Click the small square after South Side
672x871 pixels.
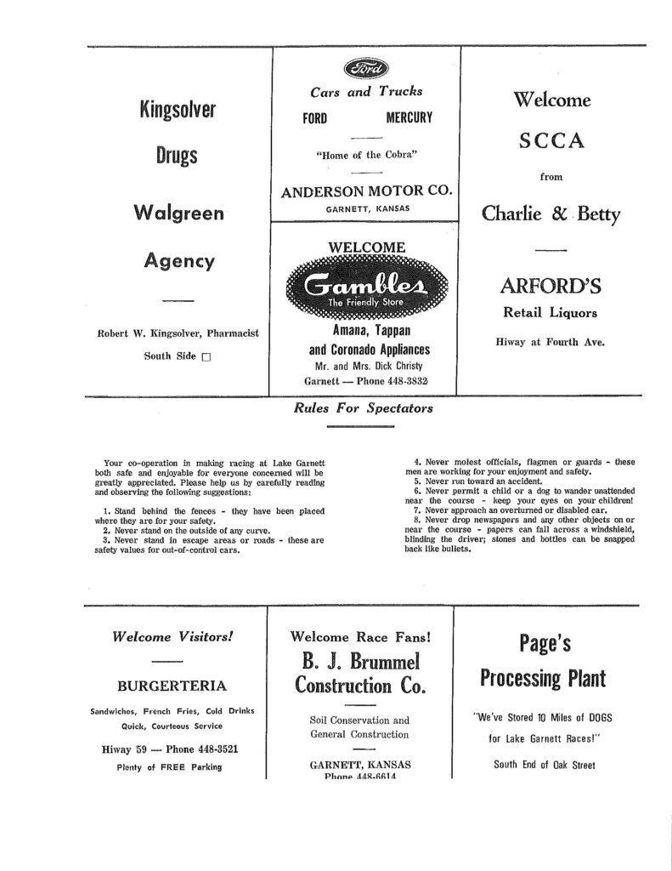coord(205,357)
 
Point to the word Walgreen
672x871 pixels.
coord(178,213)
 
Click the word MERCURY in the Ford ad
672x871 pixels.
coord(409,117)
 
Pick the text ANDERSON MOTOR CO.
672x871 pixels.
coord(365,191)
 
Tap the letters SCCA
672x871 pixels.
coord(552,141)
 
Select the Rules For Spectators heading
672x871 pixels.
coord(364,408)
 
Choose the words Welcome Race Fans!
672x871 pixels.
coord(361,636)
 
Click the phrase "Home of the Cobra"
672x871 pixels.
coord(365,155)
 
